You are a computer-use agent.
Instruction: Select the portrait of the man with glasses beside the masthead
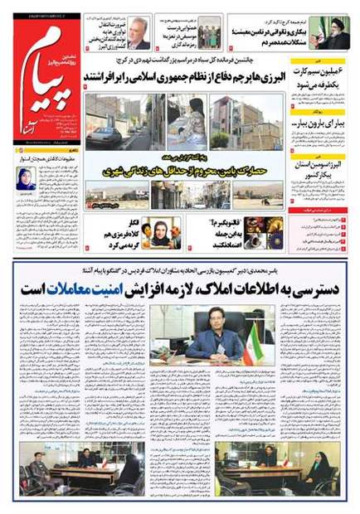(x=139, y=32)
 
